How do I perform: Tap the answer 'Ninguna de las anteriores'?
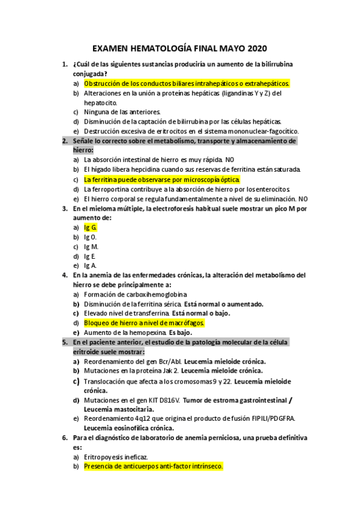[122, 112]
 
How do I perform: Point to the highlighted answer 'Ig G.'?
[91, 227]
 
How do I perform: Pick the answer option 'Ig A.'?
[90, 265]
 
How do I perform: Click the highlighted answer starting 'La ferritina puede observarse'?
[162, 179]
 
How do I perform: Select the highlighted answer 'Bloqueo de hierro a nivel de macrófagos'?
[145, 323]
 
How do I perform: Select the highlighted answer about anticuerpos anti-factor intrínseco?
[153, 466]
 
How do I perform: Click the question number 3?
[64, 208]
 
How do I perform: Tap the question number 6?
[64, 438]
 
